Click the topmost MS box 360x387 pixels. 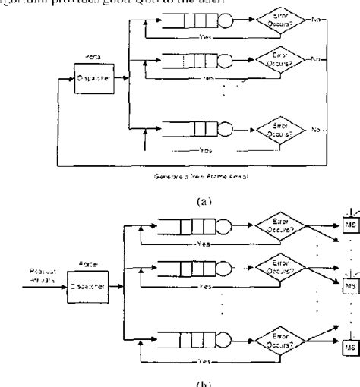(x=349, y=225)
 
